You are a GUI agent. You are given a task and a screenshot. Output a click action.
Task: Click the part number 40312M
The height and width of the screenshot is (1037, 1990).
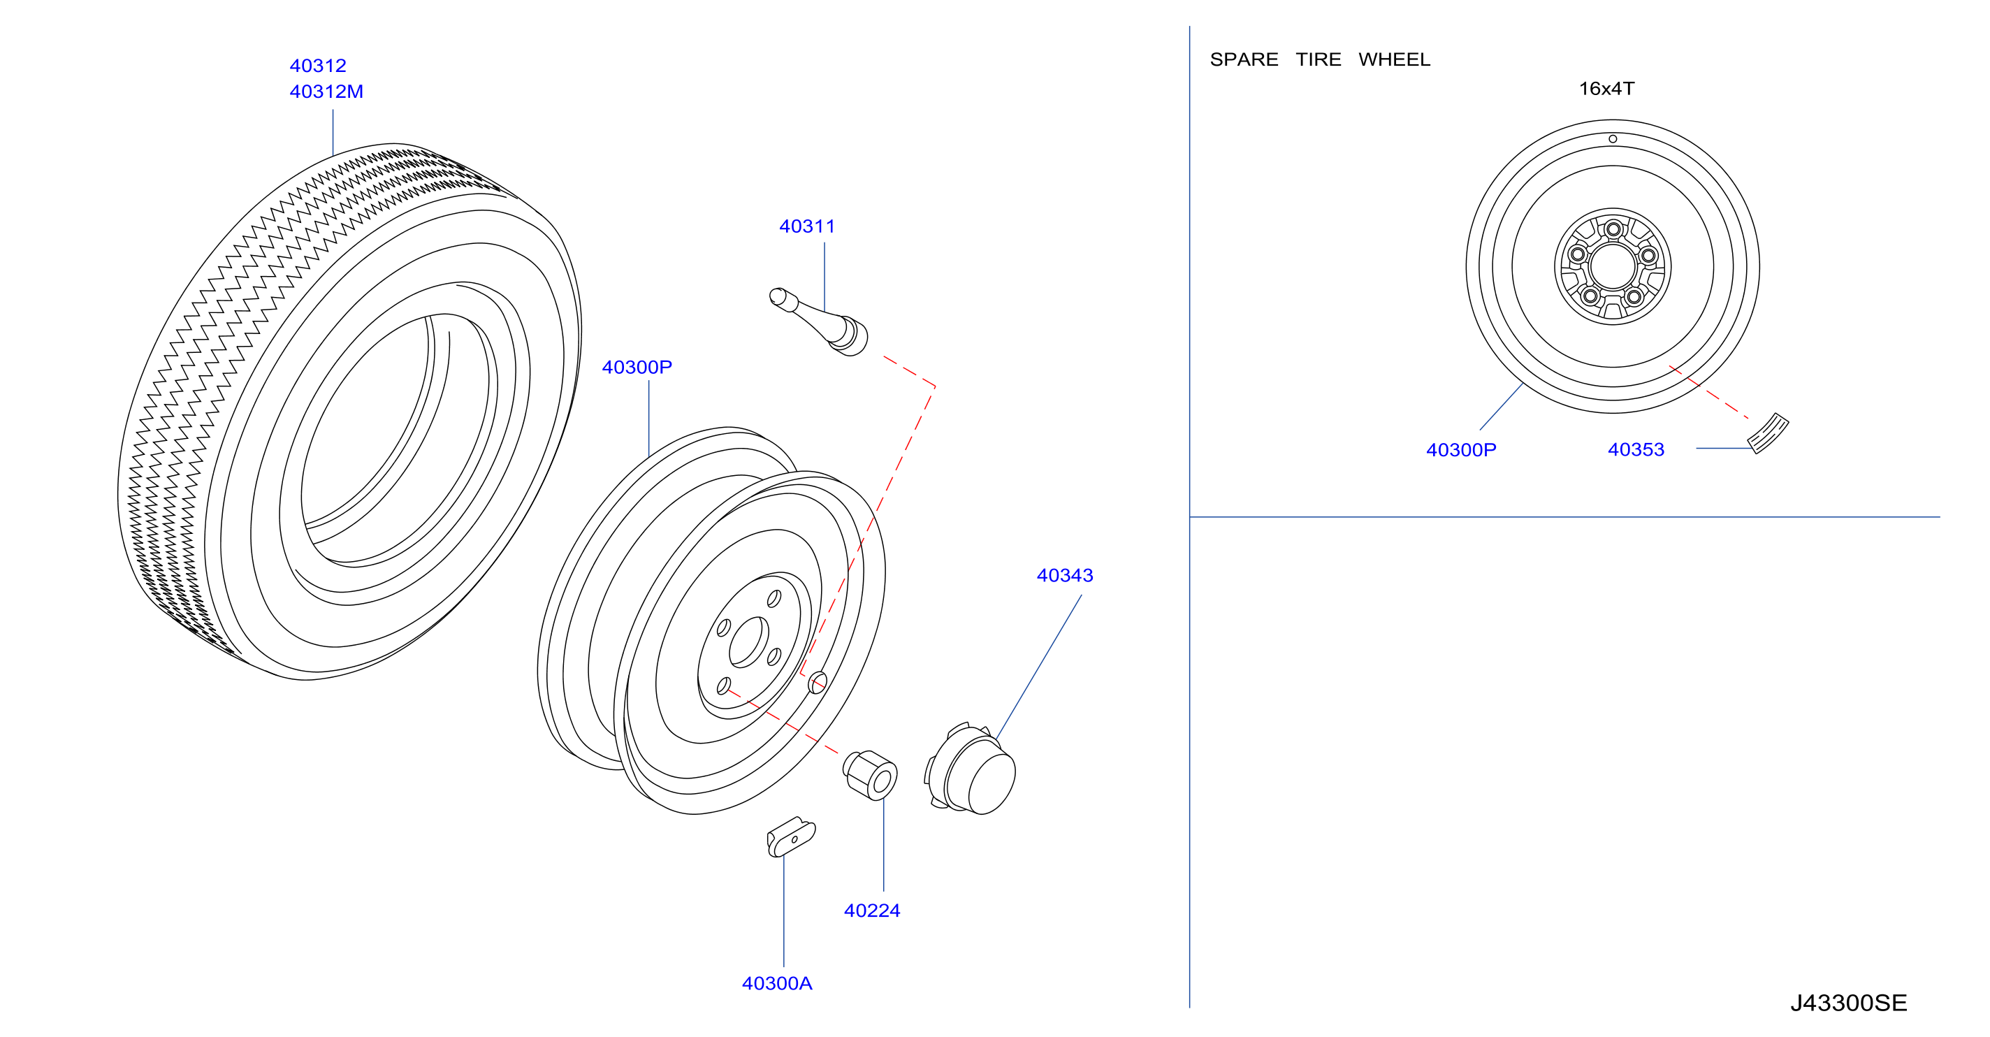(x=326, y=91)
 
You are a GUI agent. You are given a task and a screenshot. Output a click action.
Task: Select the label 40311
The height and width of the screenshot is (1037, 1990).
(x=806, y=226)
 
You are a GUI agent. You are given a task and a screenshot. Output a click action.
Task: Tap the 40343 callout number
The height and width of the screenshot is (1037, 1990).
(x=1065, y=575)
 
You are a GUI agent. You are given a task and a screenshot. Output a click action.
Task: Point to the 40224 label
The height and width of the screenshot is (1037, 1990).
(x=871, y=911)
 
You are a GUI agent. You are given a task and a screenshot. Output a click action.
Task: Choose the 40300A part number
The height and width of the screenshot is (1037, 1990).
(x=776, y=983)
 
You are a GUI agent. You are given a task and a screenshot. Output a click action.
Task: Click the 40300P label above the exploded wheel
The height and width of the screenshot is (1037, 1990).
(x=637, y=367)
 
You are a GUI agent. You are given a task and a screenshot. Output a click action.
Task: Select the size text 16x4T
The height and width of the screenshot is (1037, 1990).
(x=1606, y=89)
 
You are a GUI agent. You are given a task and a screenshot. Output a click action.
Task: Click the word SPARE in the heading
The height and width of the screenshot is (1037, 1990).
(x=1244, y=59)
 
